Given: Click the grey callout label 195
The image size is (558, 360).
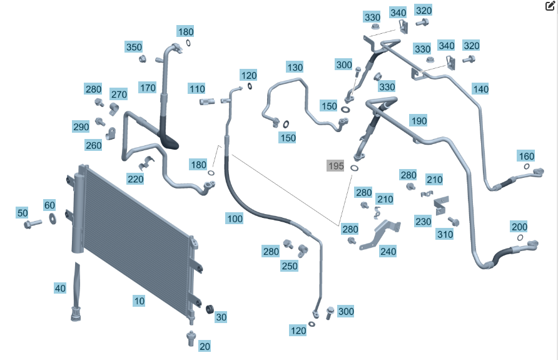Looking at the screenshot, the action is (x=335, y=166).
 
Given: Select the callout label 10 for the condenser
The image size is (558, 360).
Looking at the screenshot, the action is (x=139, y=301).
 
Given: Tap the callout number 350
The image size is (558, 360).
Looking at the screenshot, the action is (x=134, y=47).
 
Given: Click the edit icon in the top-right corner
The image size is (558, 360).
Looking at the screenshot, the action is (x=550, y=6).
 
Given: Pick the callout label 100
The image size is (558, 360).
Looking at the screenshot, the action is (x=235, y=219).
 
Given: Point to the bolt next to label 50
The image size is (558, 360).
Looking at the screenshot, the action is (x=33, y=224).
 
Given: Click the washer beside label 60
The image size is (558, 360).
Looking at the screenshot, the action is (x=53, y=219).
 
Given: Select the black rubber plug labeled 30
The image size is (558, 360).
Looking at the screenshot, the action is (x=210, y=309).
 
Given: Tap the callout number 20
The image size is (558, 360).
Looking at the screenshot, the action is (x=205, y=346).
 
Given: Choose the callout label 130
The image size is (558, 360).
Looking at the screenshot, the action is (x=295, y=67).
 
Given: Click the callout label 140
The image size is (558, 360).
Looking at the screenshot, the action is (x=480, y=89).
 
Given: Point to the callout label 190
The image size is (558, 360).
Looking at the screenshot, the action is (x=418, y=121).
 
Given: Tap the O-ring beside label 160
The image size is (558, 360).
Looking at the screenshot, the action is (x=527, y=167).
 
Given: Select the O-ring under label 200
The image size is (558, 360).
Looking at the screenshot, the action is (x=520, y=237).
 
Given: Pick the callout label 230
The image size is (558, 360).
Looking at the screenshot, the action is (x=423, y=222).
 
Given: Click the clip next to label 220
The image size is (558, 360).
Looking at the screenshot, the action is (x=146, y=163).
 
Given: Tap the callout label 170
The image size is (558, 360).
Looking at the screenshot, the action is (x=148, y=88).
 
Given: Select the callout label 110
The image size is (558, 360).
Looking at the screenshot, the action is (x=197, y=89).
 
